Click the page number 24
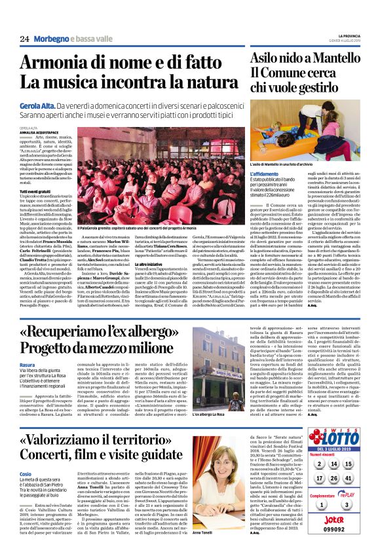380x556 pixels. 25,39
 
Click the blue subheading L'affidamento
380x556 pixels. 267,174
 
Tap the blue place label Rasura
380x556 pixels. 28,365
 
